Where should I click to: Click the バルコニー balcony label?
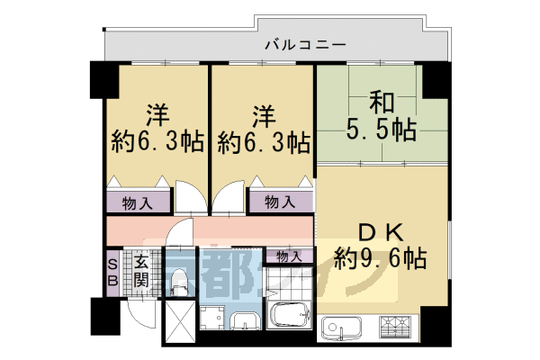click(305, 43)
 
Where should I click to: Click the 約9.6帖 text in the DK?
click(379, 259)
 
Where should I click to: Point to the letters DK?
click(380, 230)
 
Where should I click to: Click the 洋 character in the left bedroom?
click(158, 113)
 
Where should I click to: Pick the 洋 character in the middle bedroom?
click(263, 113)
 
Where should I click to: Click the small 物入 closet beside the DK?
click(289, 256)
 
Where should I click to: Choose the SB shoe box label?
click(112, 271)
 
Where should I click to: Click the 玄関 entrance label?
click(141, 270)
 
